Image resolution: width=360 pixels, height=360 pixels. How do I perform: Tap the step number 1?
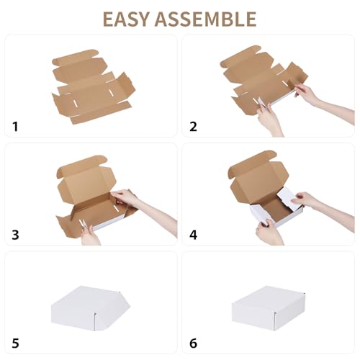(16, 127)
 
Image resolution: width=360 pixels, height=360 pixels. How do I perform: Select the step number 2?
(193, 127)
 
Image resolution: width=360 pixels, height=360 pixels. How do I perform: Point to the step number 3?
(16, 234)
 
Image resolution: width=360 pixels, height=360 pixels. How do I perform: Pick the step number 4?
(193, 234)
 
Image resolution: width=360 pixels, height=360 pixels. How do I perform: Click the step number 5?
(16, 343)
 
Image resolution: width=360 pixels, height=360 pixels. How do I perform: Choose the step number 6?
(193, 343)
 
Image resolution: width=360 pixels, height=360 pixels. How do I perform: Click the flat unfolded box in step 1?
(91, 86)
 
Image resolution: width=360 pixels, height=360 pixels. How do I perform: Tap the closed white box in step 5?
(90, 306)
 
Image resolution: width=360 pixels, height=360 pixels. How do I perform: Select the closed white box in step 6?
(266, 306)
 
